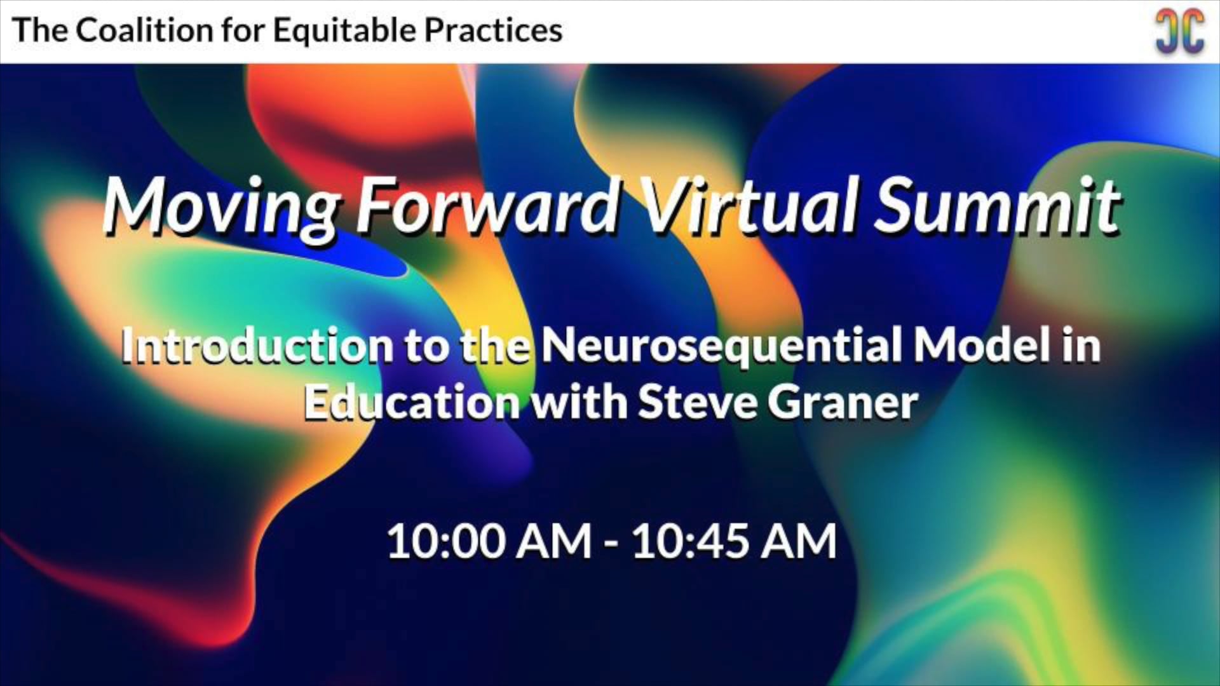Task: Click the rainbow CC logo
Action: [1179, 30]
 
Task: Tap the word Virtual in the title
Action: [750, 205]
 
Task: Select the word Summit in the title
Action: [996, 205]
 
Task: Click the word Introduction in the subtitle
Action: [257, 346]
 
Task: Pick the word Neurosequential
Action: [721, 346]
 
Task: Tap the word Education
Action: [412, 403]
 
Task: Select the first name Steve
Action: [697, 403]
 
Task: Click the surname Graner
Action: [843, 403]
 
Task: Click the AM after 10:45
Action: [799, 542]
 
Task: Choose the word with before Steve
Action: [579, 403]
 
